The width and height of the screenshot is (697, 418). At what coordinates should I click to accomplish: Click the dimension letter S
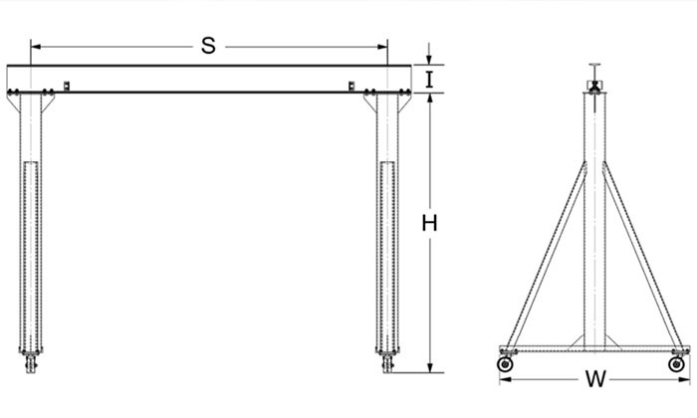tap(208, 46)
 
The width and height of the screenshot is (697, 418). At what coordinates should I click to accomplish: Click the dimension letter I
tap(429, 80)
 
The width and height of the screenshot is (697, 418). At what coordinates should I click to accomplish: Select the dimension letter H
tap(429, 224)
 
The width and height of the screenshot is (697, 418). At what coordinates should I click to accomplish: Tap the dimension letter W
tap(595, 379)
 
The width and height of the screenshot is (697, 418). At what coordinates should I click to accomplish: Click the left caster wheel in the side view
tap(505, 364)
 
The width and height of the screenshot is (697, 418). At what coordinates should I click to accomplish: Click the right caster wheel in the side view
tap(676, 364)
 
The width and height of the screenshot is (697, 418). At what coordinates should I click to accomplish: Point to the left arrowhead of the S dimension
tap(36, 47)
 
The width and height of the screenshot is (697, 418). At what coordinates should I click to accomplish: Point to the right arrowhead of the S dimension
tap(382, 47)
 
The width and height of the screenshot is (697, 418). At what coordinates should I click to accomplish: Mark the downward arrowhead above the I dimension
tap(429, 61)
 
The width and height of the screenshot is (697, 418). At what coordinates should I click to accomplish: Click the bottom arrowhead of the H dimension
tap(430, 367)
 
